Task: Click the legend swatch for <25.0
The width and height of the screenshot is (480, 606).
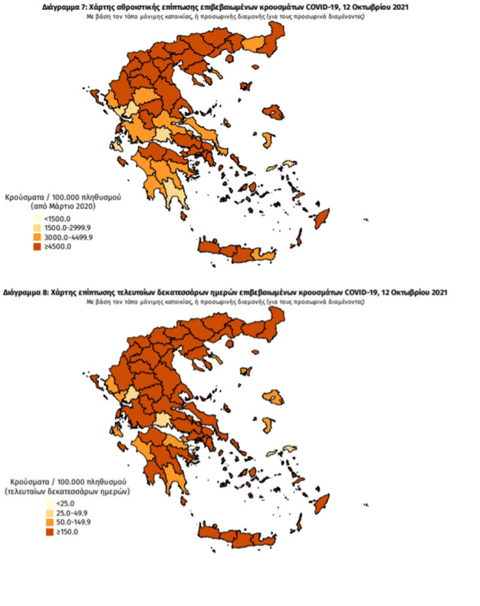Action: (x=49, y=503)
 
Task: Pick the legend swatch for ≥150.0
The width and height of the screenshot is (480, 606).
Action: (x=49, y=531)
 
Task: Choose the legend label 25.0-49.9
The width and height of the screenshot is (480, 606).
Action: (x=72, y=512)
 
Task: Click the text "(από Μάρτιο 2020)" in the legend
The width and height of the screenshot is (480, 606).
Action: (x=63, y=206)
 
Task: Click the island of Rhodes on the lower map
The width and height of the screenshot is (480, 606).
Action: (x=322, y=503)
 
